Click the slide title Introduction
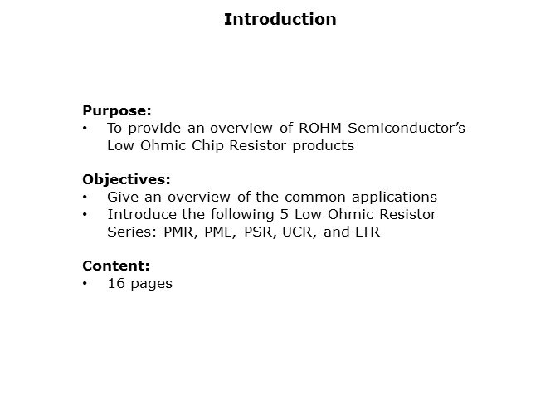280,19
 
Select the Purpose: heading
117,110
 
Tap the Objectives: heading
126,179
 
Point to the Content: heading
116,266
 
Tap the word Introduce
140,214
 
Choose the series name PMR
178,232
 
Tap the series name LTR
365,232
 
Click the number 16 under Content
115,284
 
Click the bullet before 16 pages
85,284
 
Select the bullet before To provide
85,128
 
